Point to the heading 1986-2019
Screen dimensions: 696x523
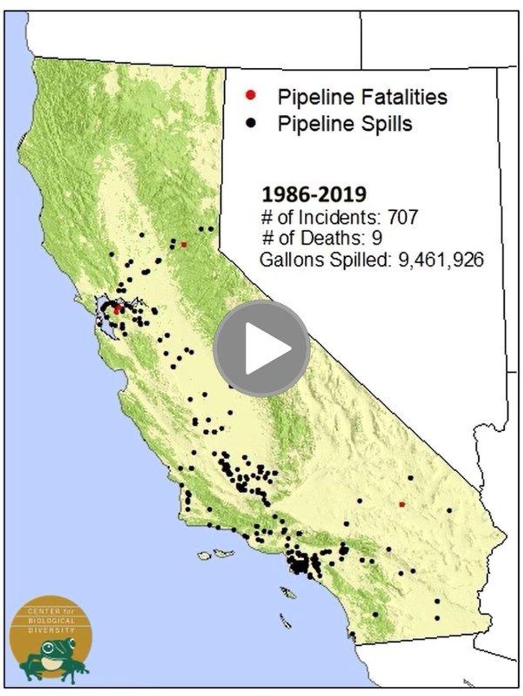[x=314, y=195]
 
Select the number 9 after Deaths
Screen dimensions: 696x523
[x=377, y=238]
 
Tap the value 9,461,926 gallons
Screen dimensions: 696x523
[x=441, y=260]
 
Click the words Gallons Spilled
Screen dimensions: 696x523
[x=319, y=260]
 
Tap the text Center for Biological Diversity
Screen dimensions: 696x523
[x=51, y=619]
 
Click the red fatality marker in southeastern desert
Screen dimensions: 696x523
[x=402, y=504]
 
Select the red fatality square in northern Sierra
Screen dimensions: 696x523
[x=184, y=244]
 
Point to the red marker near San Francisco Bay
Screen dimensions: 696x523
[x=117, y=309]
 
